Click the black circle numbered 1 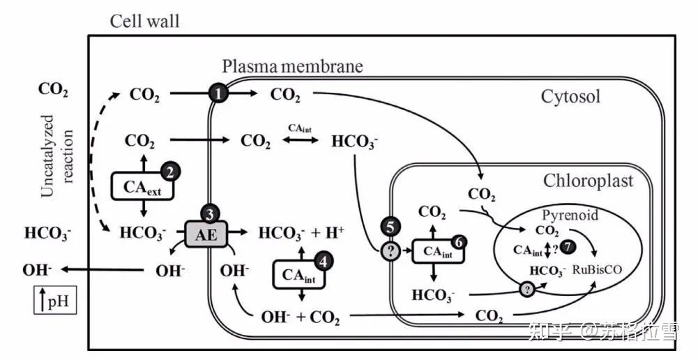coord(218,93)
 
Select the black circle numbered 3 coord(210,214)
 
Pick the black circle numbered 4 coord(323,262)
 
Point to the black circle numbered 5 coord(390,227)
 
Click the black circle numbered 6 coord(459,242)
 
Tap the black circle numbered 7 coord(567,247)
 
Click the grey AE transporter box coord(206,234)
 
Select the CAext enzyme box coord(142,186)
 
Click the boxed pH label coord(55,300)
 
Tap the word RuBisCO coord(597,269)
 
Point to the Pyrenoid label coord(570,215)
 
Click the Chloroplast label coord(589,181)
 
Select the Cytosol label coord(570,96)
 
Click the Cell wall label coord(145,21)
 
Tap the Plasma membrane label coord(292,66)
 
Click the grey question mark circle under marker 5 coord(390,252)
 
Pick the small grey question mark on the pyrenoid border coord(527,290)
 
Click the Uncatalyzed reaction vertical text coord(56,156)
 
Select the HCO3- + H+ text coord(301,233)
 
